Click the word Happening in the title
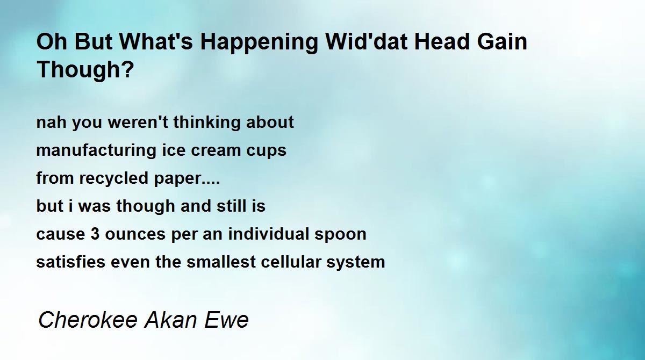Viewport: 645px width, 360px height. (259, 43)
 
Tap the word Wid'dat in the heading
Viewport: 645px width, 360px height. (366, 42)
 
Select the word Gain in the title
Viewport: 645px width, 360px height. (502, 42)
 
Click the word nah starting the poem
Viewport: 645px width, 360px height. (52, 123)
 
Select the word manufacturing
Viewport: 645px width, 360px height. (96, 151)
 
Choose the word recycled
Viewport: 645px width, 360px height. (114, 179)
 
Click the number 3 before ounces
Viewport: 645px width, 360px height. (95, 234)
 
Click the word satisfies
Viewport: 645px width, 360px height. (71, 262)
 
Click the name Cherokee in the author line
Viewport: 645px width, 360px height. (88, 320)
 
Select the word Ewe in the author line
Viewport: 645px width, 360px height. (226, 320)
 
